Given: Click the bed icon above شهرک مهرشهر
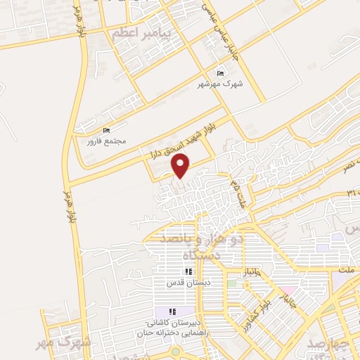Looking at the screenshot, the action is [x=221, y=73].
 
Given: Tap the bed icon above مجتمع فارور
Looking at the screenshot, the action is [x=106, y=130].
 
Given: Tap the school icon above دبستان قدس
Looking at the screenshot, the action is [x=188, y=271].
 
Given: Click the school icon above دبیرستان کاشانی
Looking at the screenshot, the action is [x=172, y=311].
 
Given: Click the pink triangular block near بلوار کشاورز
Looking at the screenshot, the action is [x=286, y=290].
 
